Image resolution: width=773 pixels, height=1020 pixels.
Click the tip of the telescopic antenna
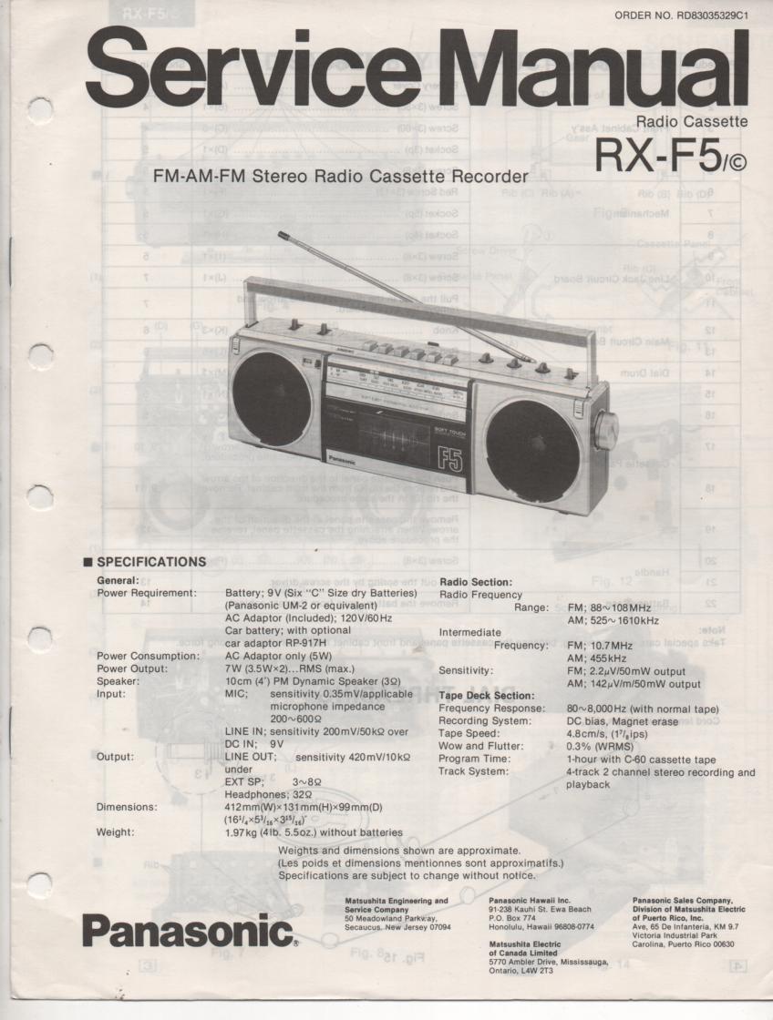[x=283, y=234]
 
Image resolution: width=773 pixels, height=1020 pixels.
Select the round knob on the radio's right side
[x=606, y=430]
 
